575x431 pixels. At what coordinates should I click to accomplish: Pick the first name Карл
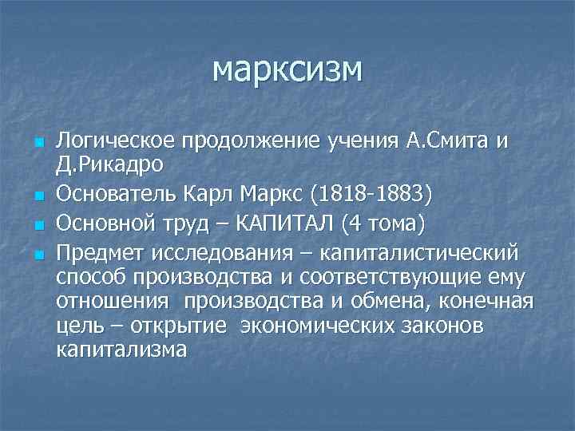(x=192, y=194)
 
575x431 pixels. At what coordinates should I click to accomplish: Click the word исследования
(x=218, y=253)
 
